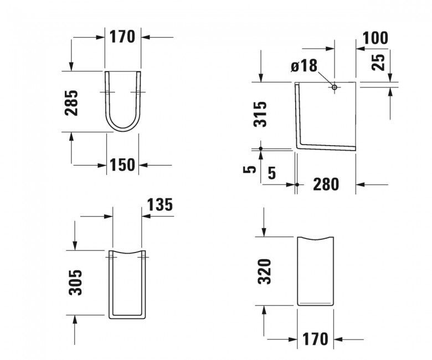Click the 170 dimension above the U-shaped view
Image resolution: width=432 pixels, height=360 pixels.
(x=122, y=37)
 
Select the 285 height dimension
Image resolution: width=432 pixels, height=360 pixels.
(x=71, y=102)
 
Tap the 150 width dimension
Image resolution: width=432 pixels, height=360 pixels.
(x=122, y=164)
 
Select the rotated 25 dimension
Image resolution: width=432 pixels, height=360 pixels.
(x=379, y=61)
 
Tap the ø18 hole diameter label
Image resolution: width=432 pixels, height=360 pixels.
(x=304, y=66)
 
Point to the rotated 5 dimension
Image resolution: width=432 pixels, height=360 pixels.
(x=252, y=169)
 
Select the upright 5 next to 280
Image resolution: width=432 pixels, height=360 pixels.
(x=271, y=172)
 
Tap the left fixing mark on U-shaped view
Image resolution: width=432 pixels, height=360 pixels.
(x=106, y=92)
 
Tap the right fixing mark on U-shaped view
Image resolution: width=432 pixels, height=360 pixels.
(x=137, y=92)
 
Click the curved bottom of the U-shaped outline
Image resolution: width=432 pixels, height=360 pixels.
(x=122, y=131)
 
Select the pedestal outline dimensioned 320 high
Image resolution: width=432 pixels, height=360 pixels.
(x=317, y=271)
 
